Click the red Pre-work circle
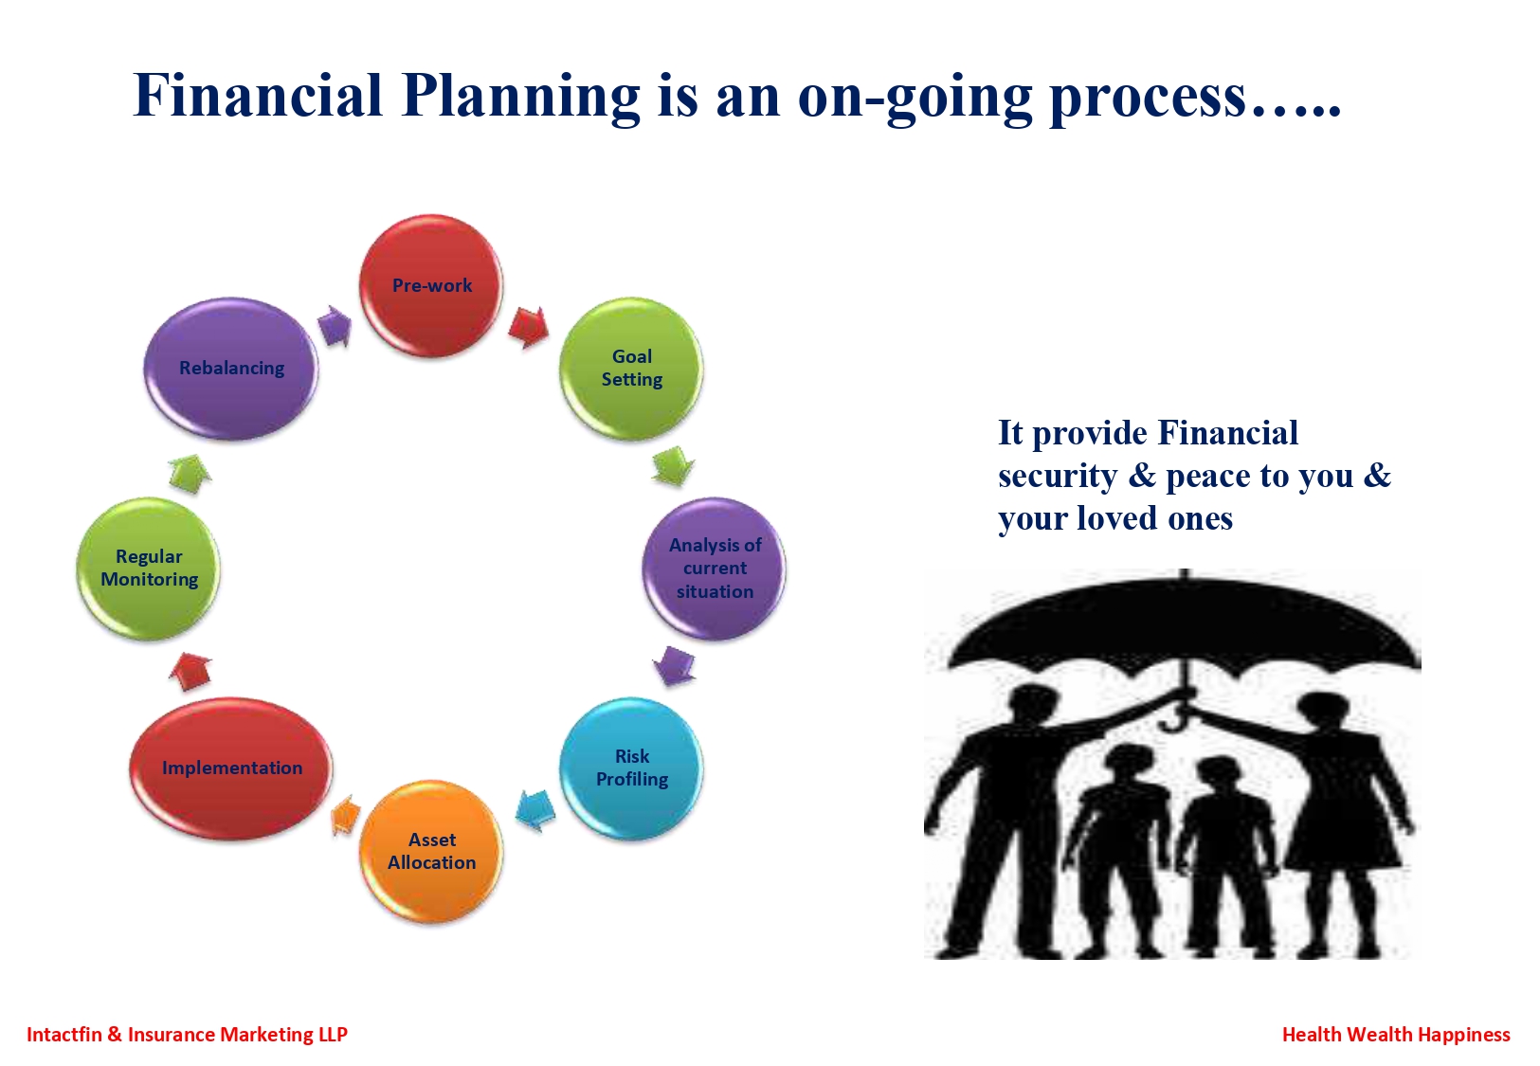431,285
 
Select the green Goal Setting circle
631,369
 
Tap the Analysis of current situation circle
715,569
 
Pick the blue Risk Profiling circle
631,768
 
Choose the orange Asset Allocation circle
431,852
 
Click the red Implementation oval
231,768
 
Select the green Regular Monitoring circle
149,569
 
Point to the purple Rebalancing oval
231,369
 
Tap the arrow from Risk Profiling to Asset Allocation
535,809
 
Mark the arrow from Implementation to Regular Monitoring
190,672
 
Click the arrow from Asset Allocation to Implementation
346,815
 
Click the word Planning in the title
520,97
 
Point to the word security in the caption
1058,477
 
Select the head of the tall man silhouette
1035,708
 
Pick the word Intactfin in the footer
63,1035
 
